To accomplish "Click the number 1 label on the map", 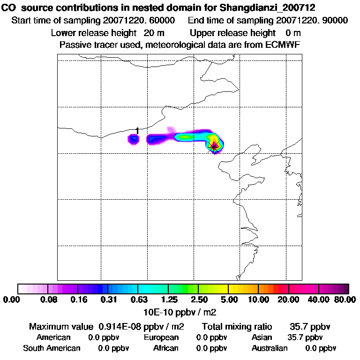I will click(137, 130).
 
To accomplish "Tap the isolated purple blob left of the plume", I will click(134, 139).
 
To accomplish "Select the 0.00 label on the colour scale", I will click(12, 300).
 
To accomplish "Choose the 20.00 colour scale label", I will click(288, 300).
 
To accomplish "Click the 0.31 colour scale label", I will click(109, 300).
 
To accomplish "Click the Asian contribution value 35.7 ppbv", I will click(305, 337).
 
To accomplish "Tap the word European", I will click(161, 337).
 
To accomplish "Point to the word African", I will click(166, 348).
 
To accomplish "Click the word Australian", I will click(270, 348).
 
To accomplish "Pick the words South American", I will click(52, 348).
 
